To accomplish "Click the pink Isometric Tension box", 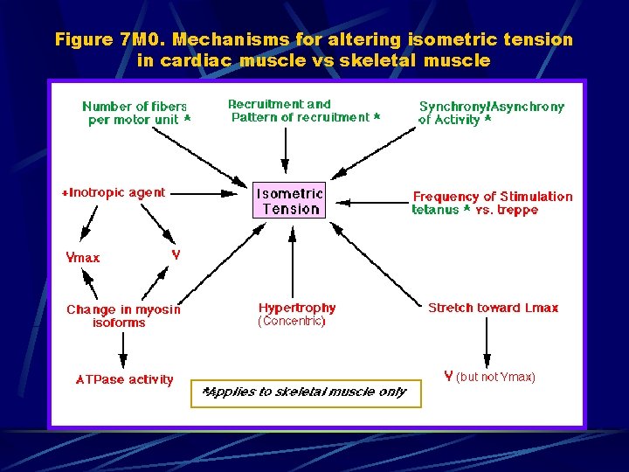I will [x=289, y=200].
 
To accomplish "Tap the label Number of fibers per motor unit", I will [x=135, y=113].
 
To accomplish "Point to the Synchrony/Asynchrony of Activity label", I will [x=491, y=113].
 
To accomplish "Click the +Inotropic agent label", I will [x=114, y=192].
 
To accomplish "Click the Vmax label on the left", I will [x=83, y=258].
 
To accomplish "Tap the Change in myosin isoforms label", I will [x=123, y=316].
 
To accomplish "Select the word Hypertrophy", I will [x=297, y=308].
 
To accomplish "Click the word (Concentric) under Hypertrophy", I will [x=292, y=322].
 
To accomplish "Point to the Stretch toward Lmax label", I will [x=493, y=308].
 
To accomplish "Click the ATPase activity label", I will [x=125, y=379].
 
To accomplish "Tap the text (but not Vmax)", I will [x=495, y=377].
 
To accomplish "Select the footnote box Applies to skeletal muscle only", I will [x=305, y=392].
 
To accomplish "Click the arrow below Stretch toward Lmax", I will [x=487, y=341].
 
